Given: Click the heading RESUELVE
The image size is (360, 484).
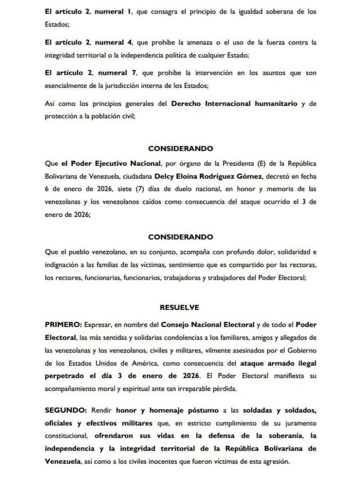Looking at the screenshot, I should pos(180,307).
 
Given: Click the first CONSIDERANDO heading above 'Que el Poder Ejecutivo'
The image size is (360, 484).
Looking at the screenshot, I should pos(180,148).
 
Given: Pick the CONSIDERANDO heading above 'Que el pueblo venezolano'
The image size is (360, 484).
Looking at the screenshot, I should pos(180,237).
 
